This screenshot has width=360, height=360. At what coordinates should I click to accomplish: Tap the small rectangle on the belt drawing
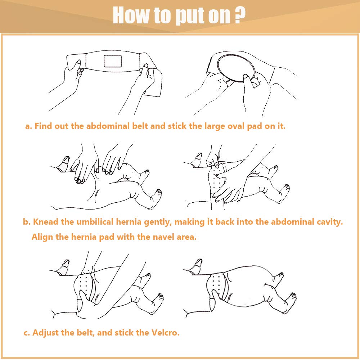point(112,61)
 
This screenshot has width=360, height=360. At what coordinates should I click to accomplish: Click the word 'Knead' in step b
point(46,222)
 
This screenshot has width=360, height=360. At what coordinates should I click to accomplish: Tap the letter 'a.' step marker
point(28,126)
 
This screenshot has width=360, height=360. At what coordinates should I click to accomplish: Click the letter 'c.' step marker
point(27,333)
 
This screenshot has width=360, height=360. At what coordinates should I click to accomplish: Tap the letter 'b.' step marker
point(27,222)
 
